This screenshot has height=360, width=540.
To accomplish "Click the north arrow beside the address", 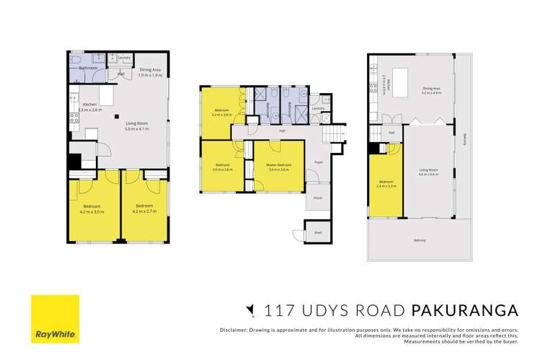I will (x=250, y=311).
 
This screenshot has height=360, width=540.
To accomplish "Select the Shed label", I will (x=317, y=232).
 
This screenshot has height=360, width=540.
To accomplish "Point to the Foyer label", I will (x=318, y=162).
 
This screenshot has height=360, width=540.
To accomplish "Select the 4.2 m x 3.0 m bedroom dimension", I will (x=94, y=211).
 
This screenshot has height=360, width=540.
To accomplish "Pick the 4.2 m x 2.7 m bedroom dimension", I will (x=145, y=211).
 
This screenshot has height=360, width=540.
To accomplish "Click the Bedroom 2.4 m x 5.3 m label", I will (x=386, y=184).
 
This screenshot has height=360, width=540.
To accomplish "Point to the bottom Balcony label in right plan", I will (x=419, y=240).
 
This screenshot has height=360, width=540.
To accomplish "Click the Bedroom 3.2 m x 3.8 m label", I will (x=221, y=113).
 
